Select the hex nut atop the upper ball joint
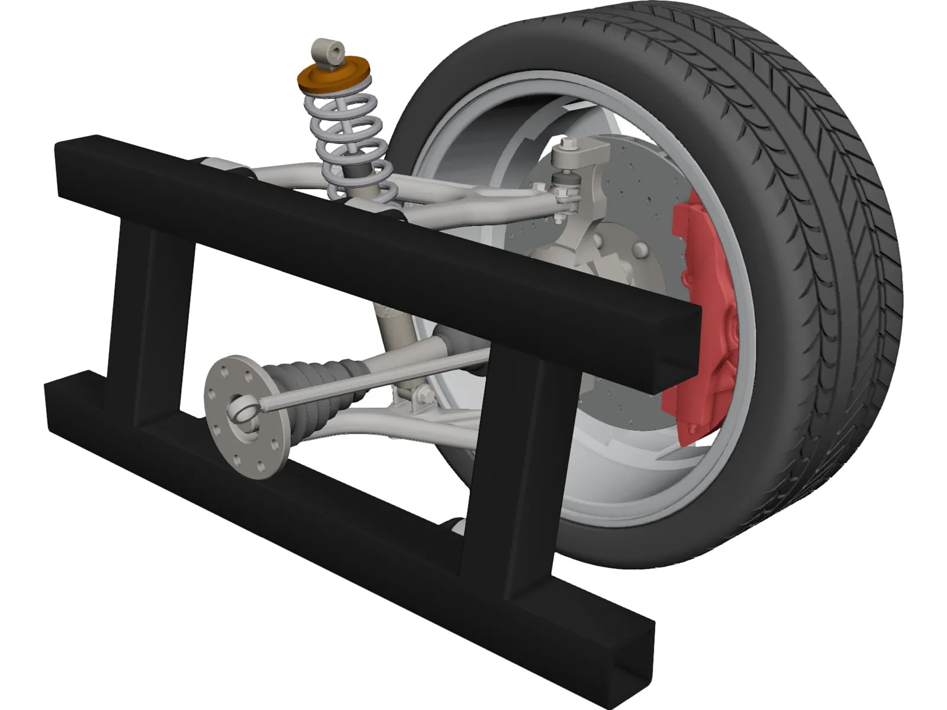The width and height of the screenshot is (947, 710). [x=569, y=144]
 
